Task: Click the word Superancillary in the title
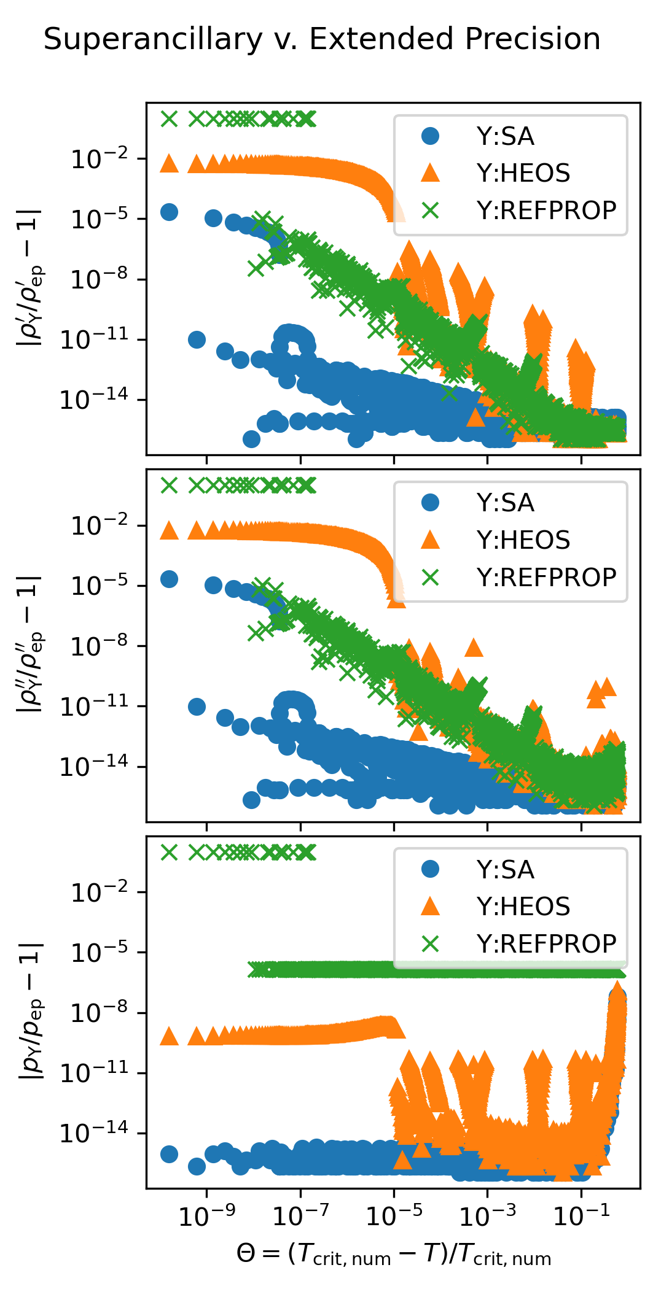pos(153,40)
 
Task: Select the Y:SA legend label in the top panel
pos(505,136)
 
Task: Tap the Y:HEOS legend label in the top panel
pos(523,173)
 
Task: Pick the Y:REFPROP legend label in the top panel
pos(546,211)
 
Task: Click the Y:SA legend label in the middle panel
pos(505,503)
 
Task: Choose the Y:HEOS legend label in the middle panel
pos(523,540)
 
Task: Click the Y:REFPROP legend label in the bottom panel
pos(546,944)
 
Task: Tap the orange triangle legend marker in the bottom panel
pos(431,907)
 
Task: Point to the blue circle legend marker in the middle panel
pos(431,503)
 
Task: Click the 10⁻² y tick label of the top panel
pos(100,159)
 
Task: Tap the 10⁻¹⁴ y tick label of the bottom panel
pos(95,1133)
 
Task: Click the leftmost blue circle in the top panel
pos(169,212)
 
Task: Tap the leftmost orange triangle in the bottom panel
pos(169,1037)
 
